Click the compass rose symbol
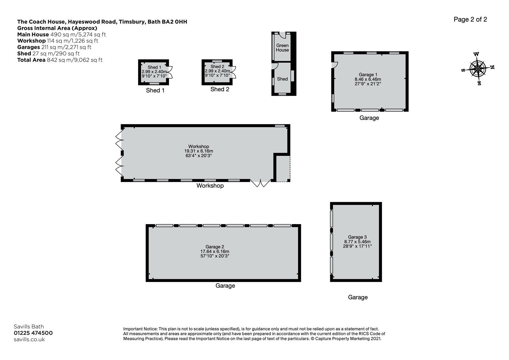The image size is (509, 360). click(478, 69)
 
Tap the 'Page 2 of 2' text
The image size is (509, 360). click(470, 19)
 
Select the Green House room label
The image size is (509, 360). click(282, 47)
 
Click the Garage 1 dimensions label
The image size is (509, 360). click(368, 81)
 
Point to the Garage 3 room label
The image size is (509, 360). click(357, 237)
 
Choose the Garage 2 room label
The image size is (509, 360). click(215, 247)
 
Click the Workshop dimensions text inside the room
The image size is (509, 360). click(199, 153)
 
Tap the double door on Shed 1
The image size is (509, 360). click(170, 72)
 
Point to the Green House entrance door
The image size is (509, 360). click(282, 35)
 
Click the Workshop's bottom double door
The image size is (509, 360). click(261, 183)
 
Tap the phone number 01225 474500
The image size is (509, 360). click(33, 333)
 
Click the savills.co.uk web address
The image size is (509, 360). click(29, 339)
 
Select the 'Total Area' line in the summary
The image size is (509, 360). click(60, 60)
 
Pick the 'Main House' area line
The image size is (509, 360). click(61, 34)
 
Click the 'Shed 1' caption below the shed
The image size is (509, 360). click(155, 90)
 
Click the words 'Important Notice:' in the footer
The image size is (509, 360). click(140, 329)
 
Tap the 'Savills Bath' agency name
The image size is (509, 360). click(29, 327)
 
